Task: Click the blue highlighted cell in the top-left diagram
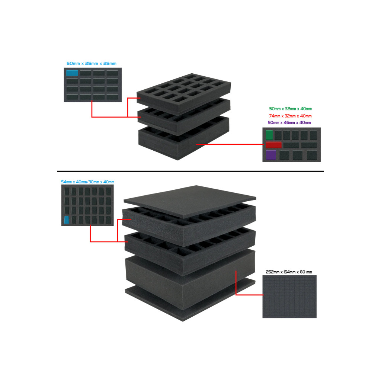click(72, 73)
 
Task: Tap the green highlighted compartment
click(269, 135)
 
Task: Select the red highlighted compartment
click(273, 145)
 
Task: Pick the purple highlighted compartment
click(271, 155)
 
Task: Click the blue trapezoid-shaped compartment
click(67, 220)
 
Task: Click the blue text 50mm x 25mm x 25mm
click(92, 63)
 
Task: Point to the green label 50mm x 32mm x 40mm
click(290, 109)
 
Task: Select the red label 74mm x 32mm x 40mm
click(290, 116)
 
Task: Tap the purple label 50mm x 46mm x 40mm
click(289, 123)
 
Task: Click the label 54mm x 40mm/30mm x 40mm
click(87, 182)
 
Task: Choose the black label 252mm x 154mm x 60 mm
click(289, 272)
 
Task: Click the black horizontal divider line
click(190, 171)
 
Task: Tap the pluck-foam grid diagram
click(289, 297)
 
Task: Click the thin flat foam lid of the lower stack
click(190, 201)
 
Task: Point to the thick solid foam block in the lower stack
click(190, 279)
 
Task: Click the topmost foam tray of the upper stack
click(184, 93)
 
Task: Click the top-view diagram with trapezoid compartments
click(87, 205)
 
